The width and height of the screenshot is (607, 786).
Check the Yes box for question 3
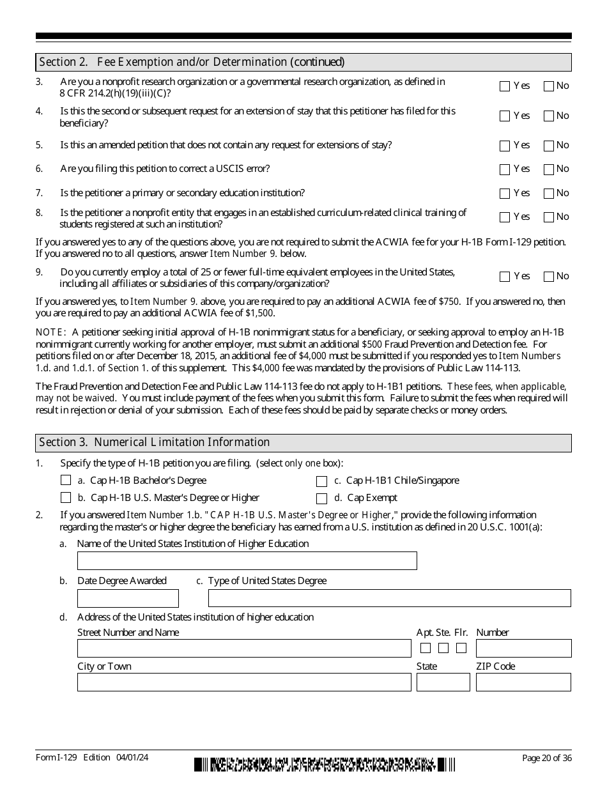pyautogui.click(x=505, y=86)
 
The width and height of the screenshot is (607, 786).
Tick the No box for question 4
pyautogui.click(x=548, y=116)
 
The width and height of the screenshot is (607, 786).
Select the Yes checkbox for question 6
pyautogui.click(x=505, y=169)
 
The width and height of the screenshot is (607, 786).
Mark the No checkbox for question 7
pyautogui.click(x=548, y=194)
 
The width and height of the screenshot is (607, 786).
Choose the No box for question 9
pyautogui.click(x=548, y=277)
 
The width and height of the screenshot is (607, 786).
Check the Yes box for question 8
pyautogui.click(x=505, y=217)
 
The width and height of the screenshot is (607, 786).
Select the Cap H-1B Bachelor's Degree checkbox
pyautogui.click(x=66, y=481)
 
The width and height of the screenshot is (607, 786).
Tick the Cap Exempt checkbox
pyautogui.click(x=322, y=498)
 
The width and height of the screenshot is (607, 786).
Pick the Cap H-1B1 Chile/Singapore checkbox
pyautogui.click(x=322, y=481)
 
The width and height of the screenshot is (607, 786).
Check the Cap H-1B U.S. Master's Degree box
pyautogui.click(x=66, y=498)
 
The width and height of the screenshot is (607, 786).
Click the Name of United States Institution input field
pyautogui.click(x=247, y=561)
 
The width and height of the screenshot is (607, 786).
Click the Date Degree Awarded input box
pyautogui.click(x=128, y=599)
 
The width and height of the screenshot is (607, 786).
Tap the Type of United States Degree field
pyautogui.click(x=389, y=598)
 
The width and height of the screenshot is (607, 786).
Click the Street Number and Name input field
pyautogui.click(x=244, y=649)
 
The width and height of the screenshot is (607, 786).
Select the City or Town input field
pyautogui.click(x=244, y=682)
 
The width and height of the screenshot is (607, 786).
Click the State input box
pyautogui.click(x=443, y=682)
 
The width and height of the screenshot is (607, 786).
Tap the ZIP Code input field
pyautogui.click(x=523, y=682)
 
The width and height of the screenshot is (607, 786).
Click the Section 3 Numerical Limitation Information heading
pyautogui.click(x=155, y=442)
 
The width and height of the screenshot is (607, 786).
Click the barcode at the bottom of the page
pyautogui.click(x=325, y=764)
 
